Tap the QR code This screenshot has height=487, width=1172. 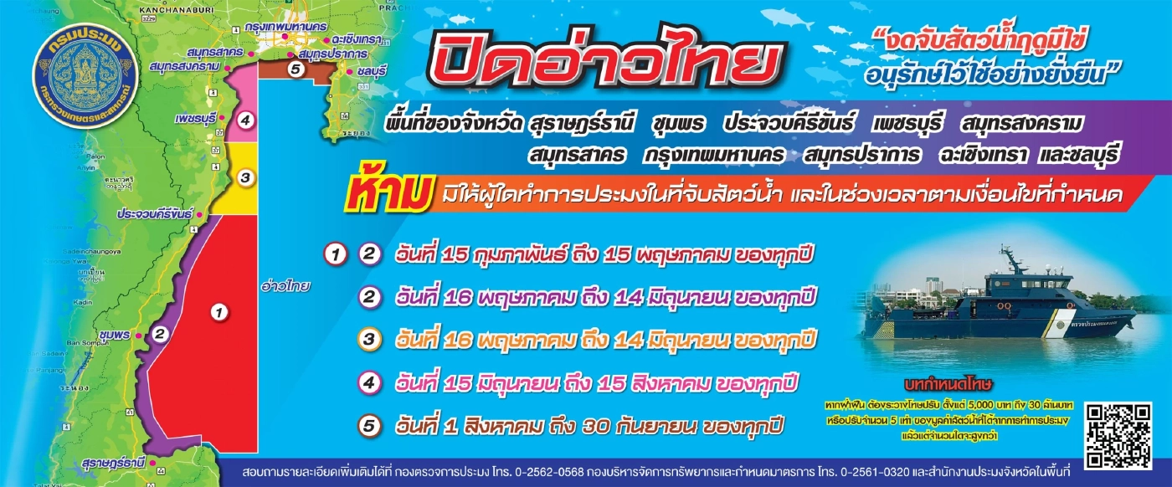coord(1118,434)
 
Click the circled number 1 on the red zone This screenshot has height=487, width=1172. coord(219,313)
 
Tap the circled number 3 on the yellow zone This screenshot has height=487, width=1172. coord(244,177)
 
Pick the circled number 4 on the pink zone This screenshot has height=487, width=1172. coord(244,120)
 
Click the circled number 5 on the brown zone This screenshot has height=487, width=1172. coord(295,69)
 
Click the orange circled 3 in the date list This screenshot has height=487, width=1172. coord(368,340)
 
